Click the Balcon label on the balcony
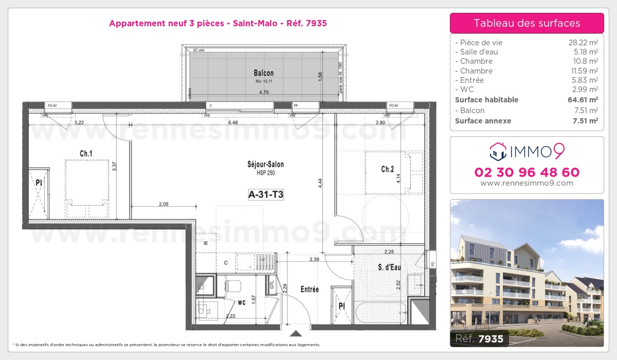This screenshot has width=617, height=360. (x=263, y=73)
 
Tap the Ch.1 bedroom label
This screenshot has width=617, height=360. (x=86, y=153)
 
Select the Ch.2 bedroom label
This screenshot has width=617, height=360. (x=387, y=169)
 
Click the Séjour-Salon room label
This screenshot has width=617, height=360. (x=265, y=165)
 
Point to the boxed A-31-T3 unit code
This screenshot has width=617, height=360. (x=266, y=194)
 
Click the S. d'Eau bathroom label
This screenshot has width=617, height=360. (x=389, y=267)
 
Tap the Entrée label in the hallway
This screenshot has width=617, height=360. (x=310, y=290)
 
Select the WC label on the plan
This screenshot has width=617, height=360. (x=242, y=302)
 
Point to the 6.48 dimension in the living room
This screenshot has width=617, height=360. (x=232, y=123)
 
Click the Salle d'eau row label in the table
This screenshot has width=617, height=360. (x=478, y=52)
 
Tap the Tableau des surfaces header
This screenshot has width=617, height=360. (x=527, y=23)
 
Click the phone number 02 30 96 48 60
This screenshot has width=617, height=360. (x=527, y=172)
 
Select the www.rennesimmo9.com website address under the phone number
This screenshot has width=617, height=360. (x=527, y=183)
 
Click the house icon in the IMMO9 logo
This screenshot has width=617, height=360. (x=497, y=151)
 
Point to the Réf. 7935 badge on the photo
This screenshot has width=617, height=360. (x=480, y=338)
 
